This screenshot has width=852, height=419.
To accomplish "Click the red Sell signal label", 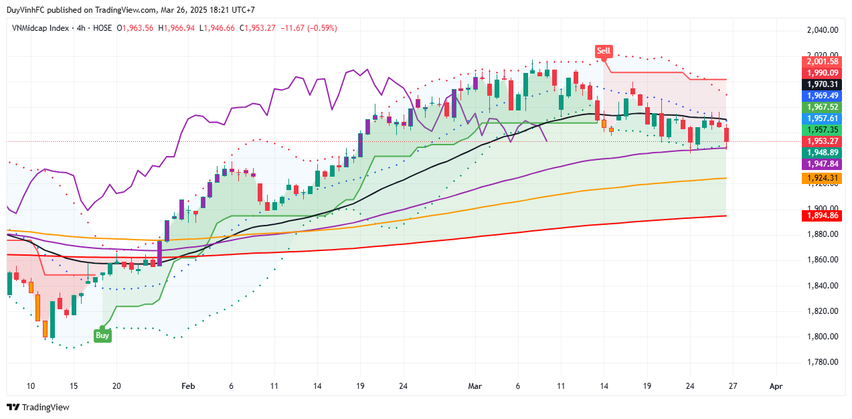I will pyautogui.click(x=604, y=51).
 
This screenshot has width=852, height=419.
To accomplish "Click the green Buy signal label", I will pyautogui.click(x=102, y=335).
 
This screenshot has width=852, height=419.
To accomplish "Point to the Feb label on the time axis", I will pyautogui.click(x=188, y=386).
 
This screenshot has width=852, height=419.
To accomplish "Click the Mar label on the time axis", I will pyautogui.click(x=475, y=386).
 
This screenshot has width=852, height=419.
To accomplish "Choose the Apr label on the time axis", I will pyautogui.click(x=776, y=386).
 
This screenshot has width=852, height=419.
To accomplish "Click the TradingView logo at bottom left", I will pyautogui.click(x=38, y=407).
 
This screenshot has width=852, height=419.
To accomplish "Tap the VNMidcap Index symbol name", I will pyautogui.click(x=40, y=28).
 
